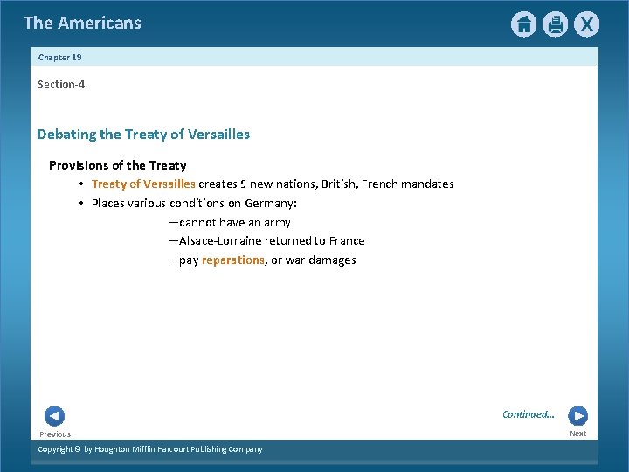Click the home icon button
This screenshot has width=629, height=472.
click(x=523, y=24)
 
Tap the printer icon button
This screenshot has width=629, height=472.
click(x=555, y=24)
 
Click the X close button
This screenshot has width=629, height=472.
click(x=586, y=24)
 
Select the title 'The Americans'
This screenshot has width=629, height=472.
click(x=82, y=23)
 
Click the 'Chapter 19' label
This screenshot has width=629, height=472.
click(x=59, y=57)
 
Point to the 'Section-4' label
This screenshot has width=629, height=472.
click(x=61, y=85)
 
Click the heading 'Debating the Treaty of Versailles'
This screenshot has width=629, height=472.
click(x=143, y=135)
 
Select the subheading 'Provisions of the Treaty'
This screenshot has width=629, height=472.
click(x=117, y=165)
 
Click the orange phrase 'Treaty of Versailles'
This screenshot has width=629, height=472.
click(x=143, y=184)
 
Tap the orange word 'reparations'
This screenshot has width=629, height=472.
click(x=233, y=260)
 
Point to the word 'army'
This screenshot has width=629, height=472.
click(x=277, y=223)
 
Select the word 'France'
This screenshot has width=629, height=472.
click(x=347, y=241)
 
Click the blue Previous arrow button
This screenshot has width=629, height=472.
click(x=54, y=416)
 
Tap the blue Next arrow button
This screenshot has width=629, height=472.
click(x=577, y=416)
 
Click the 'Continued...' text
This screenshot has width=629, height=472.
click(x=528, y=414)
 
